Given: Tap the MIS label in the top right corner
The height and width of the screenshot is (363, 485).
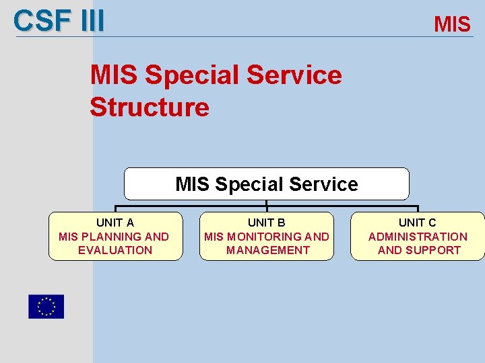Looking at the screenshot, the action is (x=452, y=25).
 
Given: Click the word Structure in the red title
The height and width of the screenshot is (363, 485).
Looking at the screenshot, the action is (x=150, y=107).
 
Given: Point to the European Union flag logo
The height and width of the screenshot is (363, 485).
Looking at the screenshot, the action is (x=46, y=307).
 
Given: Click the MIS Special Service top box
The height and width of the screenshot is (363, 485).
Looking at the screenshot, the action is (x=266, y=184).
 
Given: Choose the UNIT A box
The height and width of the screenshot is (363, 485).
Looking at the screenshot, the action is (x=115, y=236).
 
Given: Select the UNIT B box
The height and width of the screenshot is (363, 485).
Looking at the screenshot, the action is (x=266, y=236).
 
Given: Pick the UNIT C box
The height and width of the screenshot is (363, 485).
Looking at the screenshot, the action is (x=418, y=236).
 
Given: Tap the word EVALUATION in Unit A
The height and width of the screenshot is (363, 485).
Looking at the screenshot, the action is (x=115, y=250).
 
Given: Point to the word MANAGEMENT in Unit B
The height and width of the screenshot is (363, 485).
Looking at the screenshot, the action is (x=267, y=250).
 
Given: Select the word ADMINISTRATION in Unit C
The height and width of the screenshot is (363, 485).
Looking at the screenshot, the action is (x=418, y=237).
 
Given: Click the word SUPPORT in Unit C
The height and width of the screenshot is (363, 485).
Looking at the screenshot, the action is (x=433, y=250).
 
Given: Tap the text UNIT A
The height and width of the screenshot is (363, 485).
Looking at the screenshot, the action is (x=115, y=223).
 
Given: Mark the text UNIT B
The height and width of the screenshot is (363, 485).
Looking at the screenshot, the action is (x=266, y=223).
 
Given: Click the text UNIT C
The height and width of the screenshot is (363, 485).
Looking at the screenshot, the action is (x=418, y=223).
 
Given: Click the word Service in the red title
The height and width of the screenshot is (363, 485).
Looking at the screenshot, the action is (x=294, y=75).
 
